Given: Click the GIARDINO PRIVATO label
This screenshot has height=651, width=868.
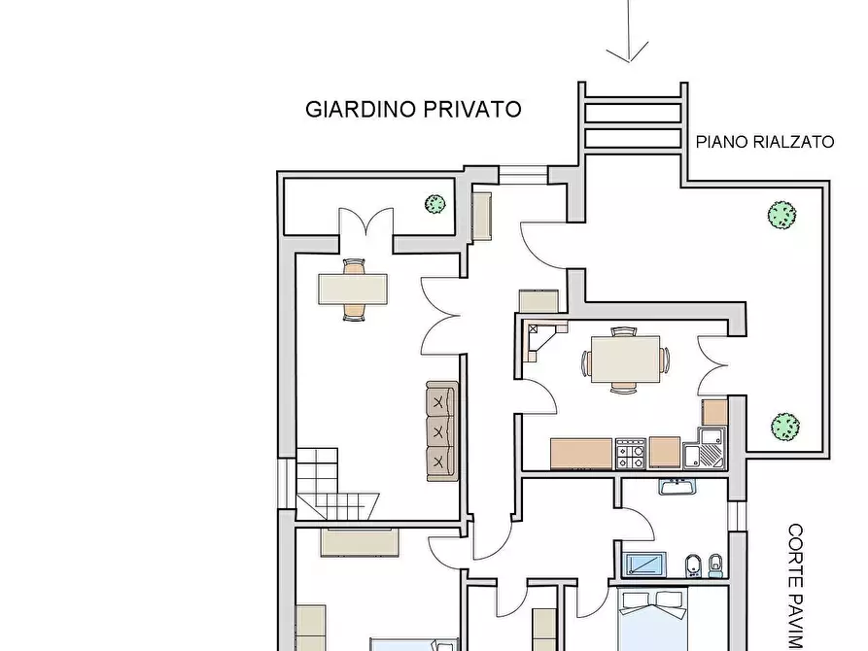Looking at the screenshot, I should point(413,109).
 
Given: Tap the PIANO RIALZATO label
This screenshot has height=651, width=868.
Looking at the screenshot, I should point(765,142).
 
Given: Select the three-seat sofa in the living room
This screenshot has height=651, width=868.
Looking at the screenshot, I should point(440,430).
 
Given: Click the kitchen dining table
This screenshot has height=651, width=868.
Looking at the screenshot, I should point(625,360).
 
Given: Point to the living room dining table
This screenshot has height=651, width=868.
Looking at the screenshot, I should point(353,289).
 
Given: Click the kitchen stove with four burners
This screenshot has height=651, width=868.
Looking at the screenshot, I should point(631,453).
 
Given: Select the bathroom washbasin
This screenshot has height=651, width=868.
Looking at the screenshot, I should point(674,486).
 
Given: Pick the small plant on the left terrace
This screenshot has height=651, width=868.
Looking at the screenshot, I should point(434,204).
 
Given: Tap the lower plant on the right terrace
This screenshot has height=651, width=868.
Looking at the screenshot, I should point(784,426).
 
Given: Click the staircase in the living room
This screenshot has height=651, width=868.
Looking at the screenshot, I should point(335,483).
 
